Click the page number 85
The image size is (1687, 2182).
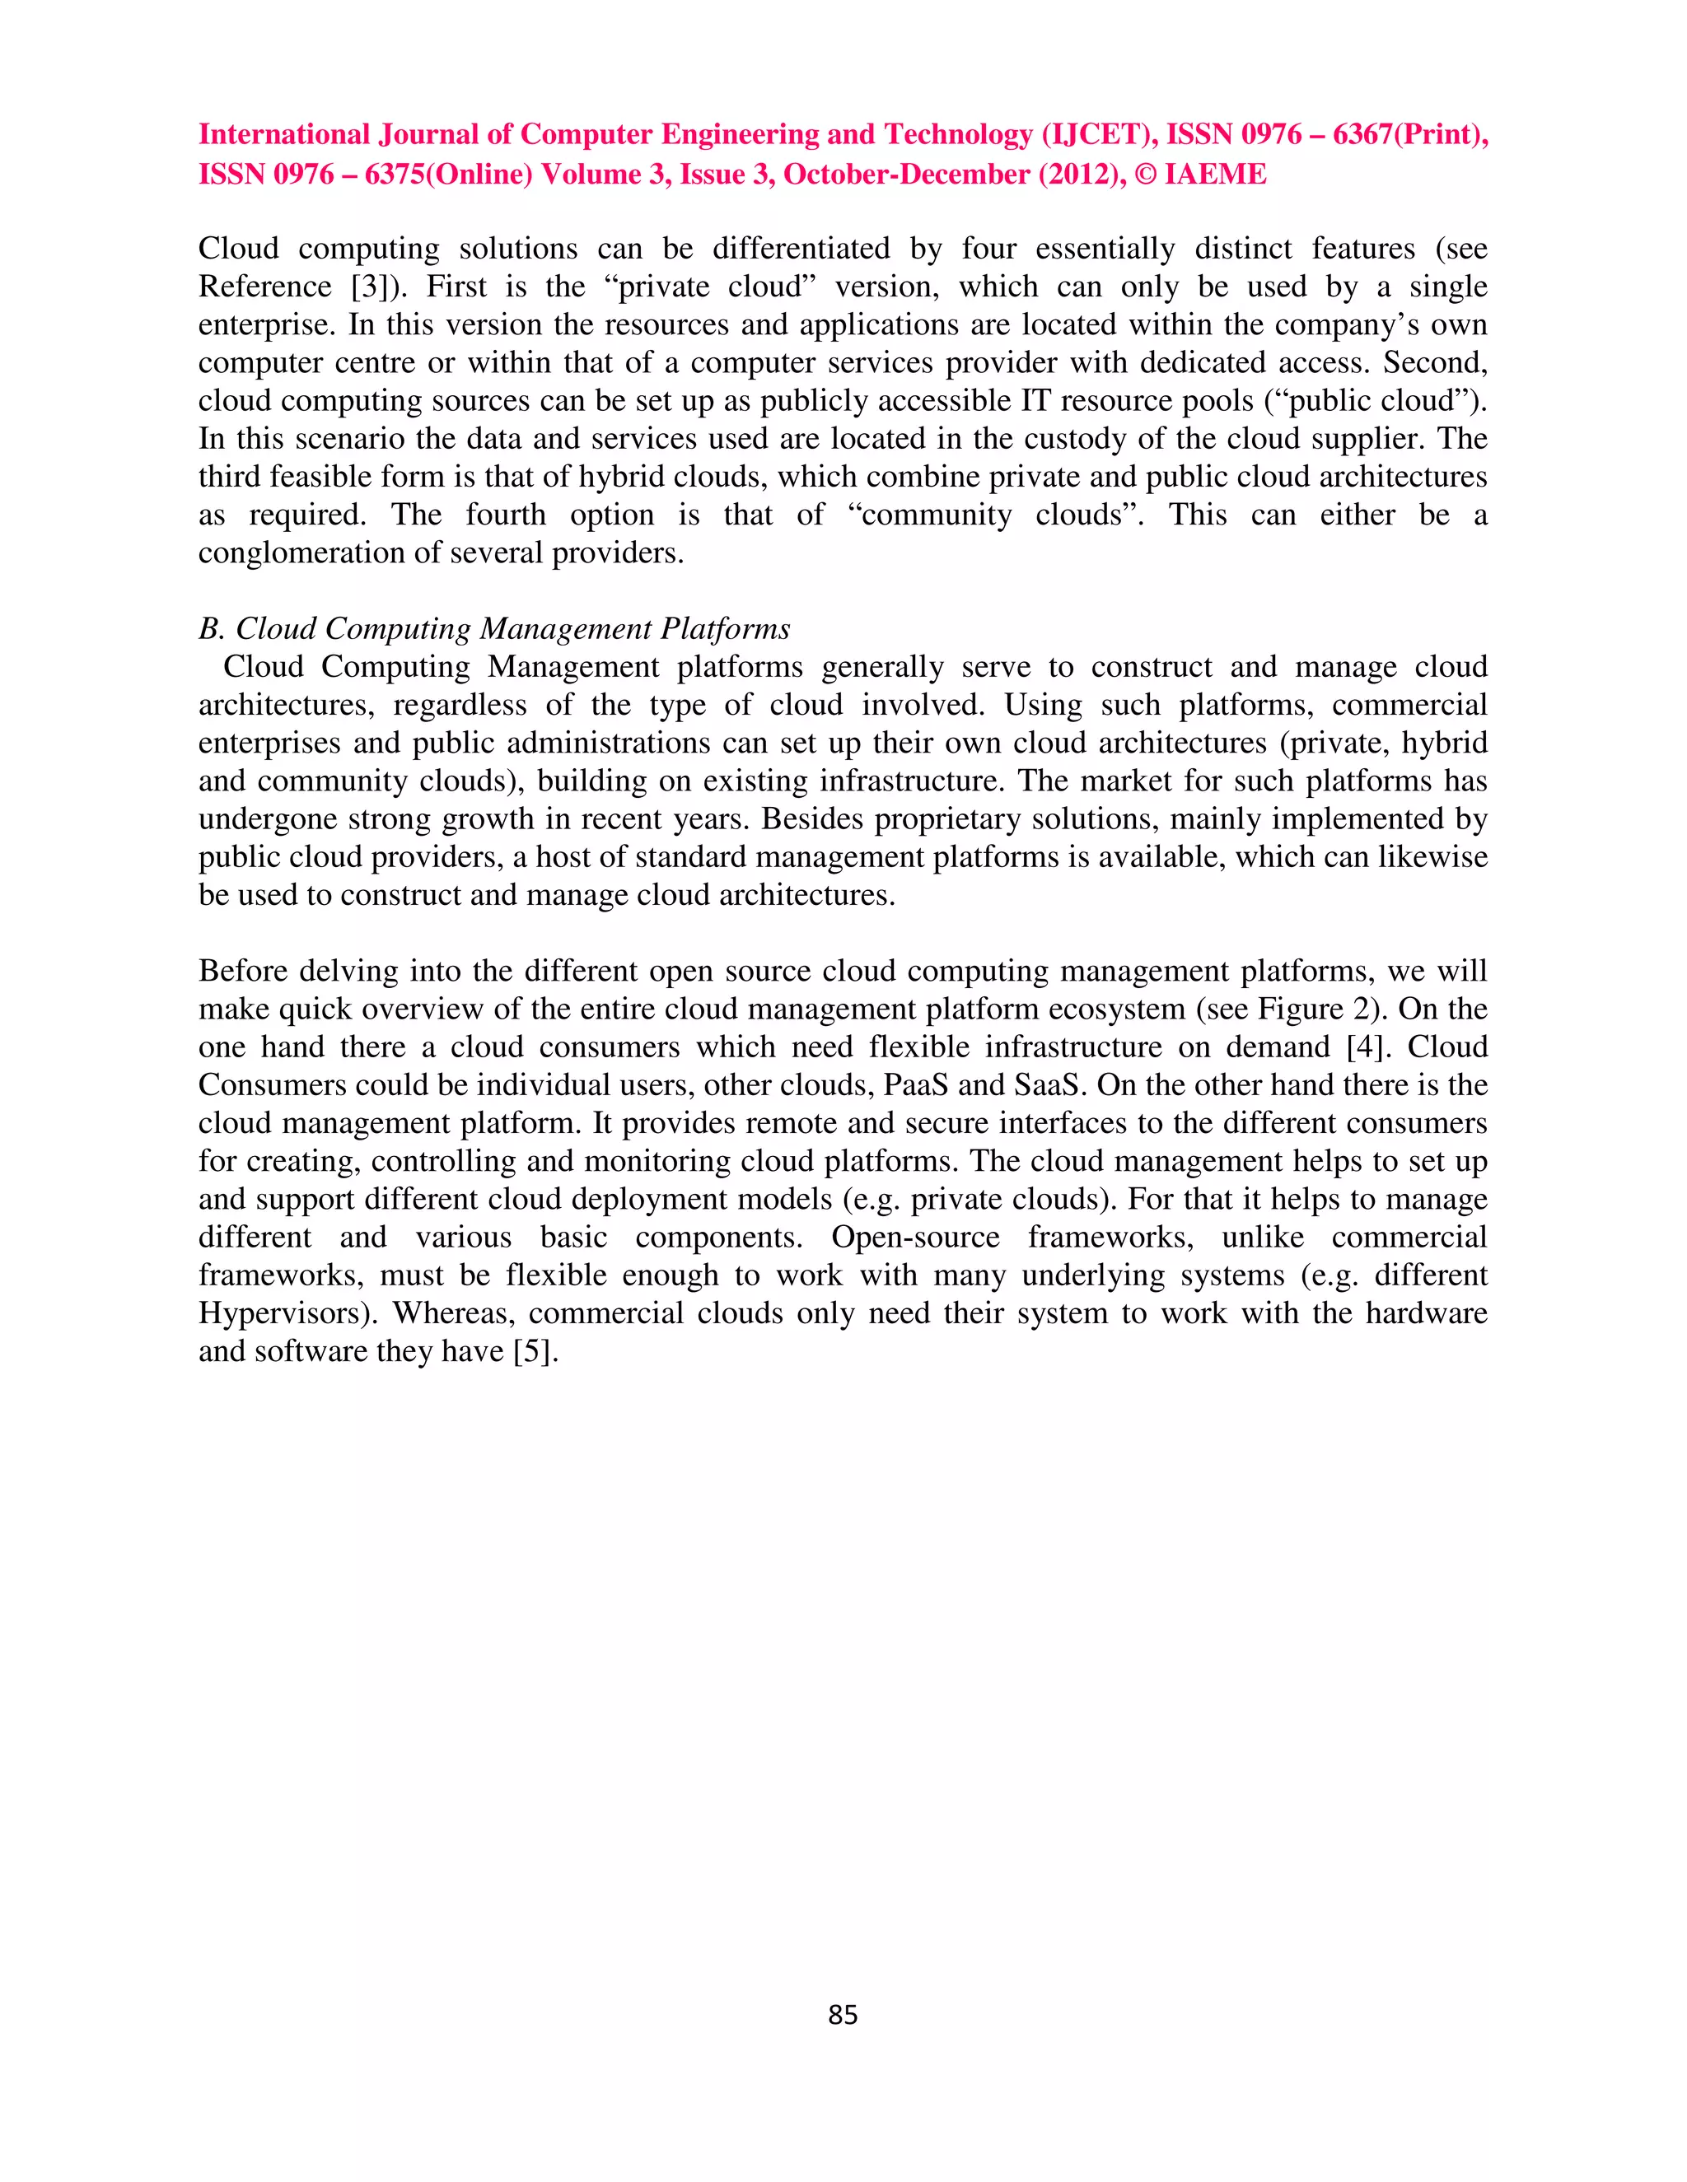click(x=843, y=2014)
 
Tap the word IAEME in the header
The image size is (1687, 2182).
click(x=1215, y=174)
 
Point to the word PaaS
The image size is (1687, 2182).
click(x=915, y=1085)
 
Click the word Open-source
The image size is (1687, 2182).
click(x=914, y=1237)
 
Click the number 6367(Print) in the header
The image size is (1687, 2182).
click(x=1409, y=134)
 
